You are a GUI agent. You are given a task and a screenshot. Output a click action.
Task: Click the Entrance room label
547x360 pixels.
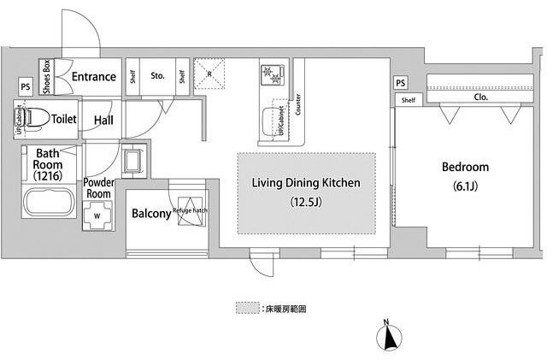[x=93, y=77]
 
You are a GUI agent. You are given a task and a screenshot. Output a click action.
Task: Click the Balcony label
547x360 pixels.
[x=150, y=214]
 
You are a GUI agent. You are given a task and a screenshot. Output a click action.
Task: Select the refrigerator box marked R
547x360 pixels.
[x=209, y=72]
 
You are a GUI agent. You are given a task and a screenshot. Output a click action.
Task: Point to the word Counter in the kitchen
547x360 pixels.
[x=297, y=103]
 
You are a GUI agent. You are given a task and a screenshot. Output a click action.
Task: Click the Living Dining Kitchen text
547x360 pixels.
[x=305, y=183]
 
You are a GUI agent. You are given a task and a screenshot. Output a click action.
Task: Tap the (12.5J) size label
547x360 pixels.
[x=305, y=203]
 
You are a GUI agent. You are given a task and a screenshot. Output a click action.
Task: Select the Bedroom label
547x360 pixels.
[x=465, y=167]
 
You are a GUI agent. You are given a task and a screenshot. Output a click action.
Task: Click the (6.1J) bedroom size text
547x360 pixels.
[x=465, y=186]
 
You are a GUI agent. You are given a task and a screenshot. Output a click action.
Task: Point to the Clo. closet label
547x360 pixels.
[x=480, y=97]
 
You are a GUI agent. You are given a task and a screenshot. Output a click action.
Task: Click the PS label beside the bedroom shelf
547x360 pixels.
[x=400, y=82]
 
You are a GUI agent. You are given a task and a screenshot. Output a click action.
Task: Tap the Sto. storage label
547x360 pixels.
[x=158, y=76]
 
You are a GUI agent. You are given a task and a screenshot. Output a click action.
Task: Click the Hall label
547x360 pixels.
[x=103, y=121]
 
